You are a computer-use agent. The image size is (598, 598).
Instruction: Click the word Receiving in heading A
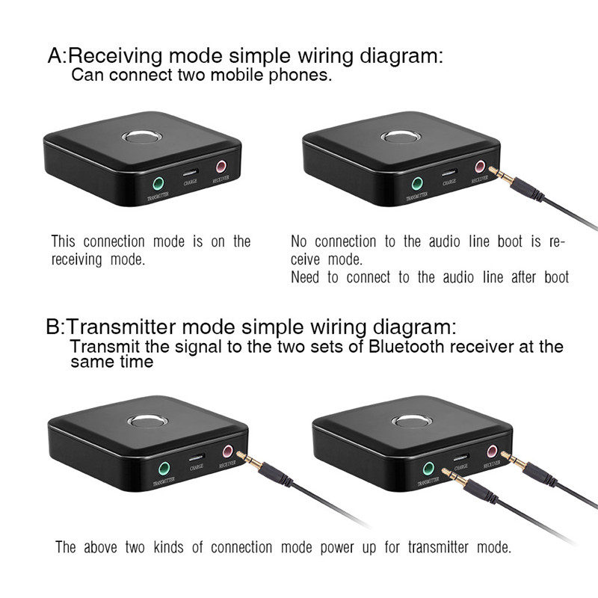point(116,56)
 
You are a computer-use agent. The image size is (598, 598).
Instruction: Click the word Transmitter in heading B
point(120,327)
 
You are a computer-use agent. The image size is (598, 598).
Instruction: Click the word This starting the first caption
point(64,241)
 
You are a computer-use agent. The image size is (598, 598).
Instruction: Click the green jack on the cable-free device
point(158,183)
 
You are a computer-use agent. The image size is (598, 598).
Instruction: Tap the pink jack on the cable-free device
point(221,167)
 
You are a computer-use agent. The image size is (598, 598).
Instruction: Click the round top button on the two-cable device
point(412,422)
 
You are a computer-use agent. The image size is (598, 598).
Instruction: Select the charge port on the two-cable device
point(460,457)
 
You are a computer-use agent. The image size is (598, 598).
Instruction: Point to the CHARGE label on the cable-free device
point(190,182)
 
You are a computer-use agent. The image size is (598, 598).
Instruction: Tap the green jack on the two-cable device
point(428,469)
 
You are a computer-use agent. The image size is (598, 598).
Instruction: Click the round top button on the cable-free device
point(142,137)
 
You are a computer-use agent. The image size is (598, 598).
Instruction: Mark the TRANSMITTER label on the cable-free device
point(158,197)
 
